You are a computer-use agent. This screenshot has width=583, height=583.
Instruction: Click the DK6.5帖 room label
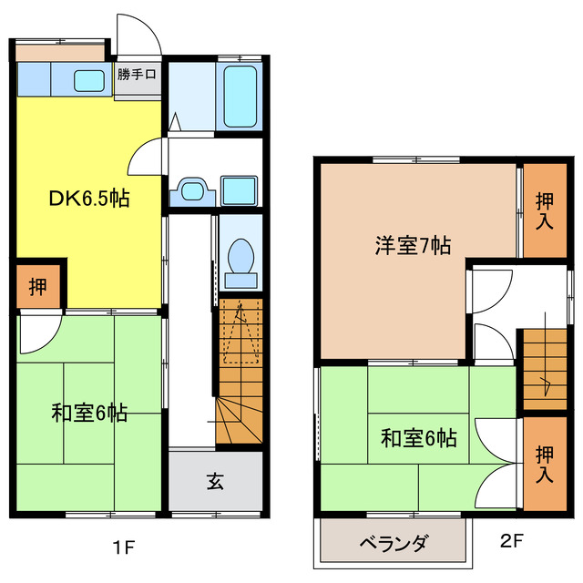coord(88,199)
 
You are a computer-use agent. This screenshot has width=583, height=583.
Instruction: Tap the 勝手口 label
coord(138,75)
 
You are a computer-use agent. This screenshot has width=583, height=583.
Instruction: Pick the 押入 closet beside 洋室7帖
coord(544,210)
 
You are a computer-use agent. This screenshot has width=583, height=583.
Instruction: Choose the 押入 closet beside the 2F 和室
coord(544,463)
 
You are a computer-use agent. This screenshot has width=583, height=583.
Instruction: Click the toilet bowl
coord(241,254)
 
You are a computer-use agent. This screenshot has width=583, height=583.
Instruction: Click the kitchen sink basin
coord(88,80)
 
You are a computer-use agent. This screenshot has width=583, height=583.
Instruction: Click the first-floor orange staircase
coord(240,373)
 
